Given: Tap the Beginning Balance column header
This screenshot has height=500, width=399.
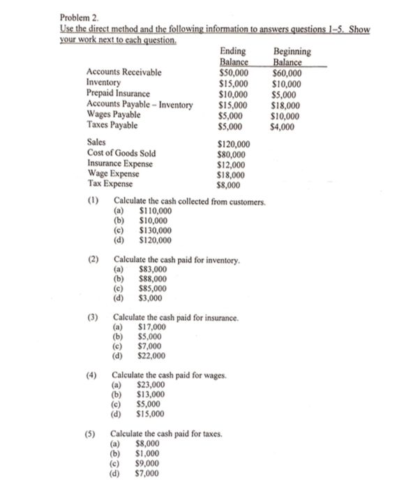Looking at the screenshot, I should (x=292, y=56).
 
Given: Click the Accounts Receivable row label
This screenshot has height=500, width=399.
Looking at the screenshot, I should (x=123, y=72).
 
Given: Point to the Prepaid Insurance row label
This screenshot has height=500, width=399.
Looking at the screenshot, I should (x=118, y=93).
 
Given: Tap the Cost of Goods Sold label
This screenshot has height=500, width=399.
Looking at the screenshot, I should (x=121, y=153).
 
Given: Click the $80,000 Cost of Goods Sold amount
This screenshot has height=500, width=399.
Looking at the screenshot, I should (x=232, y=153).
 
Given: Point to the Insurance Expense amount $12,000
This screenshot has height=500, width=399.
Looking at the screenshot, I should (x=232, y=164).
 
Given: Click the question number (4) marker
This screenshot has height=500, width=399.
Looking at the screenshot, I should (x=91, y=375).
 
